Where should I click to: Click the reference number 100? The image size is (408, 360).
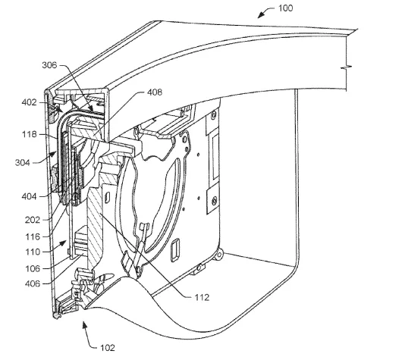285,8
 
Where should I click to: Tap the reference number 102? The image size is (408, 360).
108,348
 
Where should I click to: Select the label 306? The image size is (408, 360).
49,64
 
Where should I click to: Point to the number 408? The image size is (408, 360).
155,92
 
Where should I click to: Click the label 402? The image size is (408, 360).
29,102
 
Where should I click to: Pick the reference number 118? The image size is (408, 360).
29,134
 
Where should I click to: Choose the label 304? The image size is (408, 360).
23,163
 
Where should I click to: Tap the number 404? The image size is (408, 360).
29,196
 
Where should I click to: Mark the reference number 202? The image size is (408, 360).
33,220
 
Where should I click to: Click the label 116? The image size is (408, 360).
33,236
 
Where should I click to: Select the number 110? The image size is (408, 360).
33,252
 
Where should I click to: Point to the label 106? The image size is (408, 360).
33,268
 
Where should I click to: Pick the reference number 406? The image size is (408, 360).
33,283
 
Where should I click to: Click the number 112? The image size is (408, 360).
202,297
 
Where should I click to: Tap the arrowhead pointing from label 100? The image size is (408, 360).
260,15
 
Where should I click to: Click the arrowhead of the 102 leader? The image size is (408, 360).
84,324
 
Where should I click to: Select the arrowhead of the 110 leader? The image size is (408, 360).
63,243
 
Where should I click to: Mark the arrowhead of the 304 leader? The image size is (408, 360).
53,155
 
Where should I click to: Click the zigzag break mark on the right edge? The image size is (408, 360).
347,67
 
